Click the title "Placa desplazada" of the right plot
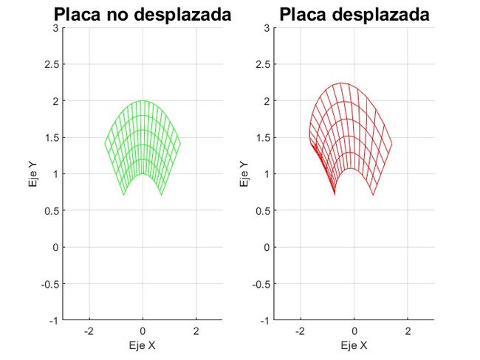click(354, 14)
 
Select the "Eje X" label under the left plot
click(143, 345)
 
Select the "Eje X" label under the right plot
click(354, 345)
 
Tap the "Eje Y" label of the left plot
click(32, 175)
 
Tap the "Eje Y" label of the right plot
click(244, 175)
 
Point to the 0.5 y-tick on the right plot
click(262, 211)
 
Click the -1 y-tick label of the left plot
click(53, 321)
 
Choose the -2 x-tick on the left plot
click(89, 332)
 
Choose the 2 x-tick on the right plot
click(408, 332)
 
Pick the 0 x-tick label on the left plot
click(143, 332)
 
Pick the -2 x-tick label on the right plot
click(301, 332)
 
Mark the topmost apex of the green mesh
click(143, 101)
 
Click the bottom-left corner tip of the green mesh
click(123, 195)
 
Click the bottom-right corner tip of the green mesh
click(162, 195)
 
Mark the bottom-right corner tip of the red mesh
click(374, 195)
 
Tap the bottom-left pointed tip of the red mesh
click(335, 195)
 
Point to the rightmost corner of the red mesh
click(391, 143)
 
